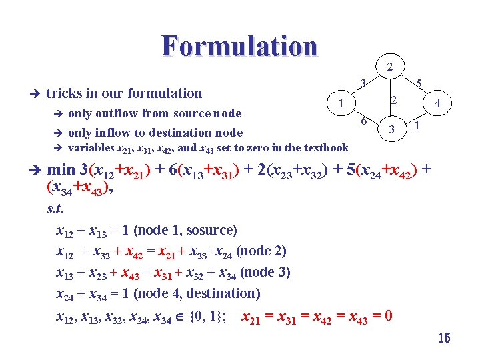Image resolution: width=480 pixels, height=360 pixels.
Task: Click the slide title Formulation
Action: tap(239, 46)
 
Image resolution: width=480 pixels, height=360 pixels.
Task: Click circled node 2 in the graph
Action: tap(390, 66)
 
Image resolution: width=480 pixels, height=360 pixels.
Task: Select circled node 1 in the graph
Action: tap(341, 103)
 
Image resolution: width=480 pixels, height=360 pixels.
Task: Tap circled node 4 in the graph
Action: tap(437, 103)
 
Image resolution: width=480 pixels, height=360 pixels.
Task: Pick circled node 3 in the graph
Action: tap(393, 128)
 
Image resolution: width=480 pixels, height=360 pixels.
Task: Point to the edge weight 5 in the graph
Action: tap(418, 83)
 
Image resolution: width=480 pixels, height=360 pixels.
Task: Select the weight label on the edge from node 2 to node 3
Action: tap(394, 100)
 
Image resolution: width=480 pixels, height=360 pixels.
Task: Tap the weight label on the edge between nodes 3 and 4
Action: tap(417, 125)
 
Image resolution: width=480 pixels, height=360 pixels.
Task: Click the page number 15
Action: tap(444, 339)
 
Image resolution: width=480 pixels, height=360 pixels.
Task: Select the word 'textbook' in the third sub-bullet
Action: tap(325, 147)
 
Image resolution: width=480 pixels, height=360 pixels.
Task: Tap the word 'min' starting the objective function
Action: tap(61, 171)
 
